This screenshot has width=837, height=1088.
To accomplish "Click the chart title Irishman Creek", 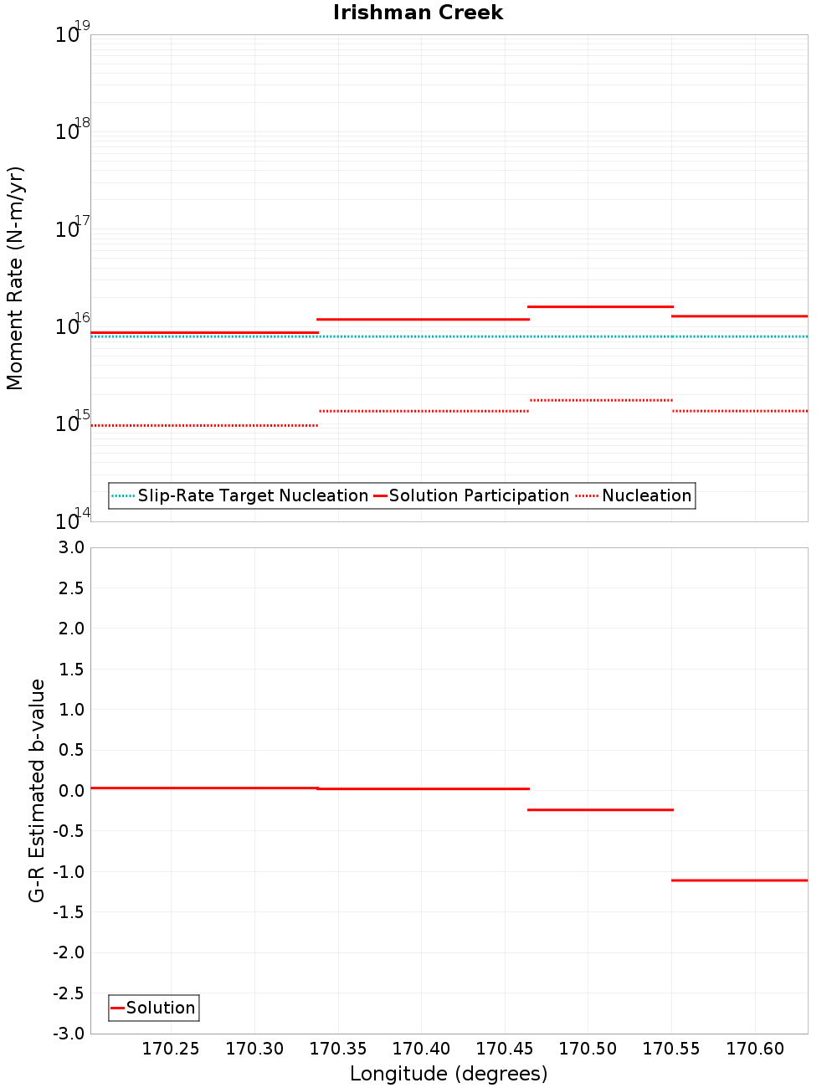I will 418,13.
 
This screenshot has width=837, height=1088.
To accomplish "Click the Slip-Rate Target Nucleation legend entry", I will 252,495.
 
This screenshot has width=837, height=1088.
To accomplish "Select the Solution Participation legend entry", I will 479,495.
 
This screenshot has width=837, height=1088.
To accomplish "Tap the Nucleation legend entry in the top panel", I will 646,495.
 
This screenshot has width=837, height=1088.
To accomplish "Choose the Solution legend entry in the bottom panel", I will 160,1008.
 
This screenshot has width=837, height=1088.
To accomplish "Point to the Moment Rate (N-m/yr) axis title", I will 15,278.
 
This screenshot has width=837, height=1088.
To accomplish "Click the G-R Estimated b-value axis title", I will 37,790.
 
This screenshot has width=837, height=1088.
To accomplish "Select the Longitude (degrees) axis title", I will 449,1074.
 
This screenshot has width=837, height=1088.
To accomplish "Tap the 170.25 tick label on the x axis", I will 171,1049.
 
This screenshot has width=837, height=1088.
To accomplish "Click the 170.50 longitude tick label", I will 588,1049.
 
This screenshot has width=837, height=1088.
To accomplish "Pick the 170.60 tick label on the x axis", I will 755,1049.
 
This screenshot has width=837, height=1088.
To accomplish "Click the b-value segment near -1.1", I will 740,880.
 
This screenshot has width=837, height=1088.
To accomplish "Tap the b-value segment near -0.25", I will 600,809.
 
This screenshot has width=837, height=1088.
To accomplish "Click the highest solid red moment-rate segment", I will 600,306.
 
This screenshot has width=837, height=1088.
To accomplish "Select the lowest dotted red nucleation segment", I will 204,425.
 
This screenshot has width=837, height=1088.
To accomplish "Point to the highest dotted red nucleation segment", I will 600,400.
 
